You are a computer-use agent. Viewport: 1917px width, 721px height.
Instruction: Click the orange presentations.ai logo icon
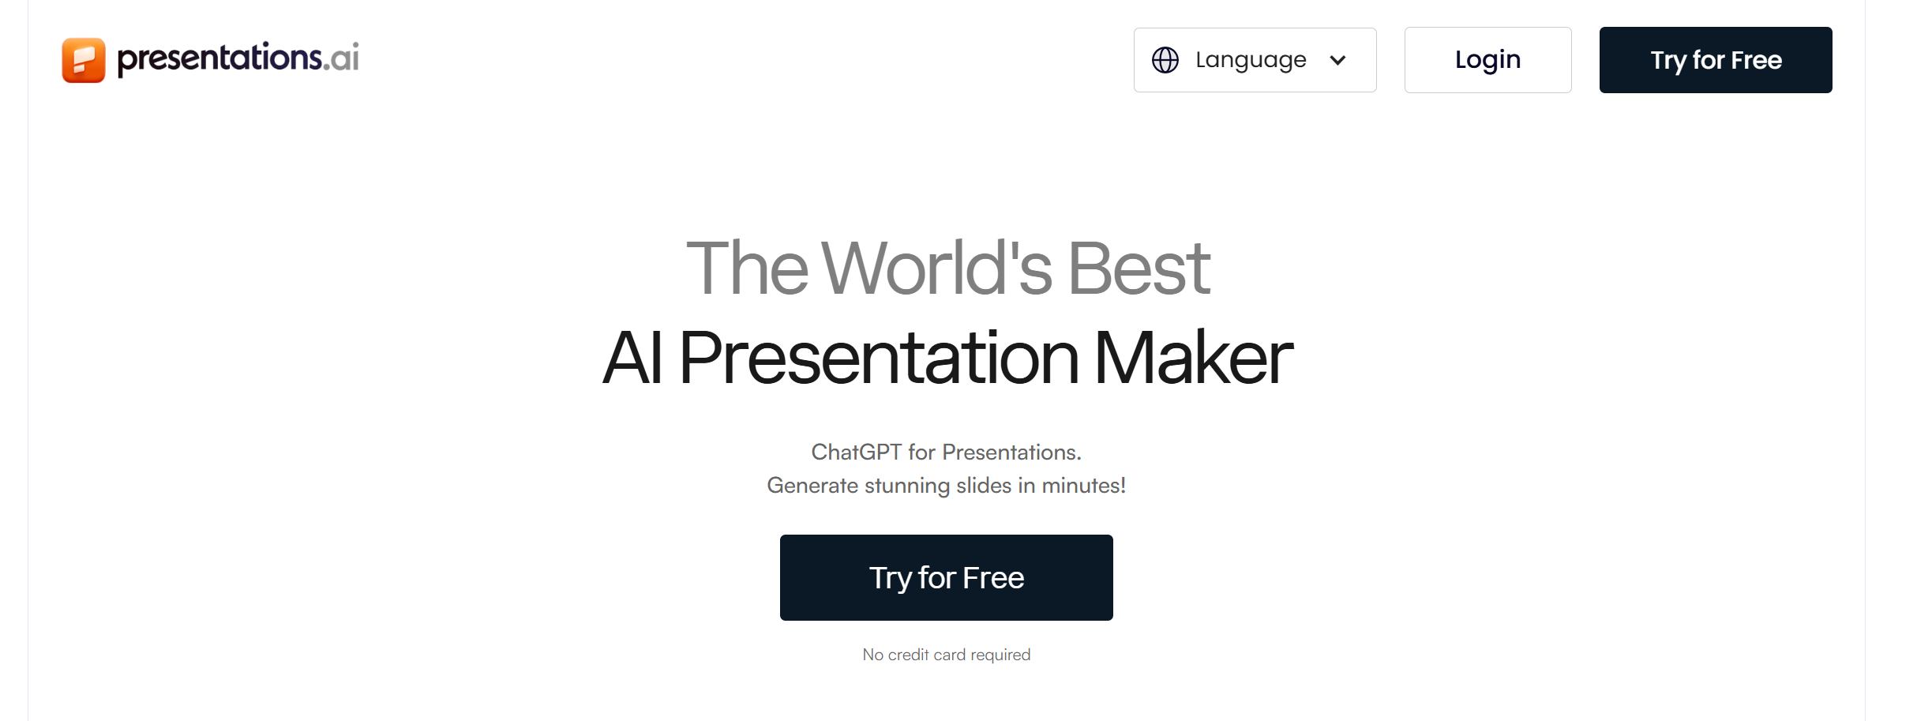84,60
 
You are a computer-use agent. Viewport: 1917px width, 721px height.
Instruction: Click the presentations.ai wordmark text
238,58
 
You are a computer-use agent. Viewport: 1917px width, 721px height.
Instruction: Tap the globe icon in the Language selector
1165,60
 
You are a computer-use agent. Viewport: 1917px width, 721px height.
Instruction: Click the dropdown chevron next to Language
1337,60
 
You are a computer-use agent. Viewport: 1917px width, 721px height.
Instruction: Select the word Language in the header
1251,60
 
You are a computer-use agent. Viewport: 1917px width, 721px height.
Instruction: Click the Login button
1487,60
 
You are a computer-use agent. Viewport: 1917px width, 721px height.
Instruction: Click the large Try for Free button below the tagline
946,577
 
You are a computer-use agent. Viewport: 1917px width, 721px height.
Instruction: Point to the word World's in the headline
936,268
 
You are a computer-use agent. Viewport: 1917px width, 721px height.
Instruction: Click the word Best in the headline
1139,268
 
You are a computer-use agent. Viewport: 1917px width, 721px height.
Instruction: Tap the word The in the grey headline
747,268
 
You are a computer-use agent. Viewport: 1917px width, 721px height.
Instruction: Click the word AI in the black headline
632,359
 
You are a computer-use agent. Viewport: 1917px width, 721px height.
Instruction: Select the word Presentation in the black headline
878,359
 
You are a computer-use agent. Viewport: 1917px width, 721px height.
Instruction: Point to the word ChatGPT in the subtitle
856,452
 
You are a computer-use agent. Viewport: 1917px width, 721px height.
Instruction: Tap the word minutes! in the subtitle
1083,485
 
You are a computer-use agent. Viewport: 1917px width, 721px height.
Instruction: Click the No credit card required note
946,655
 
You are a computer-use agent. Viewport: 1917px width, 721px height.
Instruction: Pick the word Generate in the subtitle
812,485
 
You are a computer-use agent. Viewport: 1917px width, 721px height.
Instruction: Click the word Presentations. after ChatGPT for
1011,452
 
